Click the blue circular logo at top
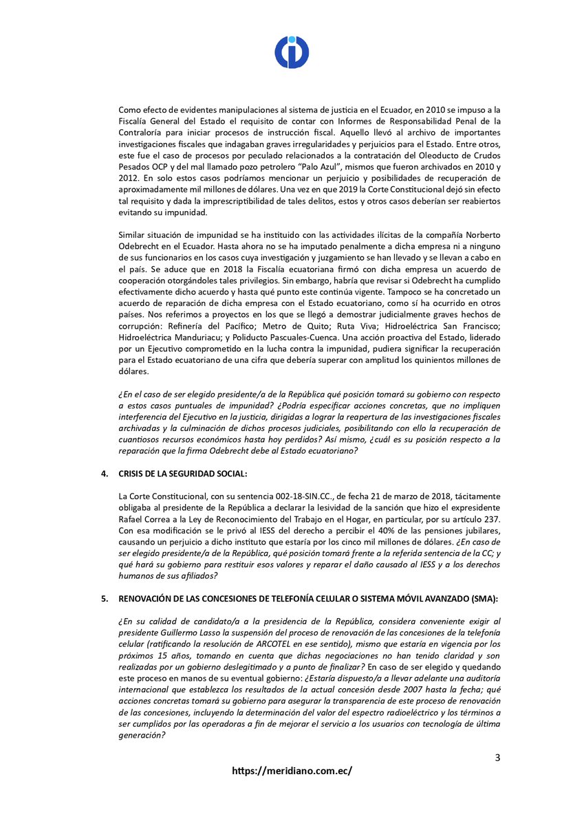[x=292, y=52]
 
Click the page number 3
[x=497, y=758]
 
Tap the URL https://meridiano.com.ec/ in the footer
[x=292, y=771]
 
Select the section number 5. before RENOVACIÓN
[x=105, y=598]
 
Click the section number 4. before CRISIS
[x=105, y=474]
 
